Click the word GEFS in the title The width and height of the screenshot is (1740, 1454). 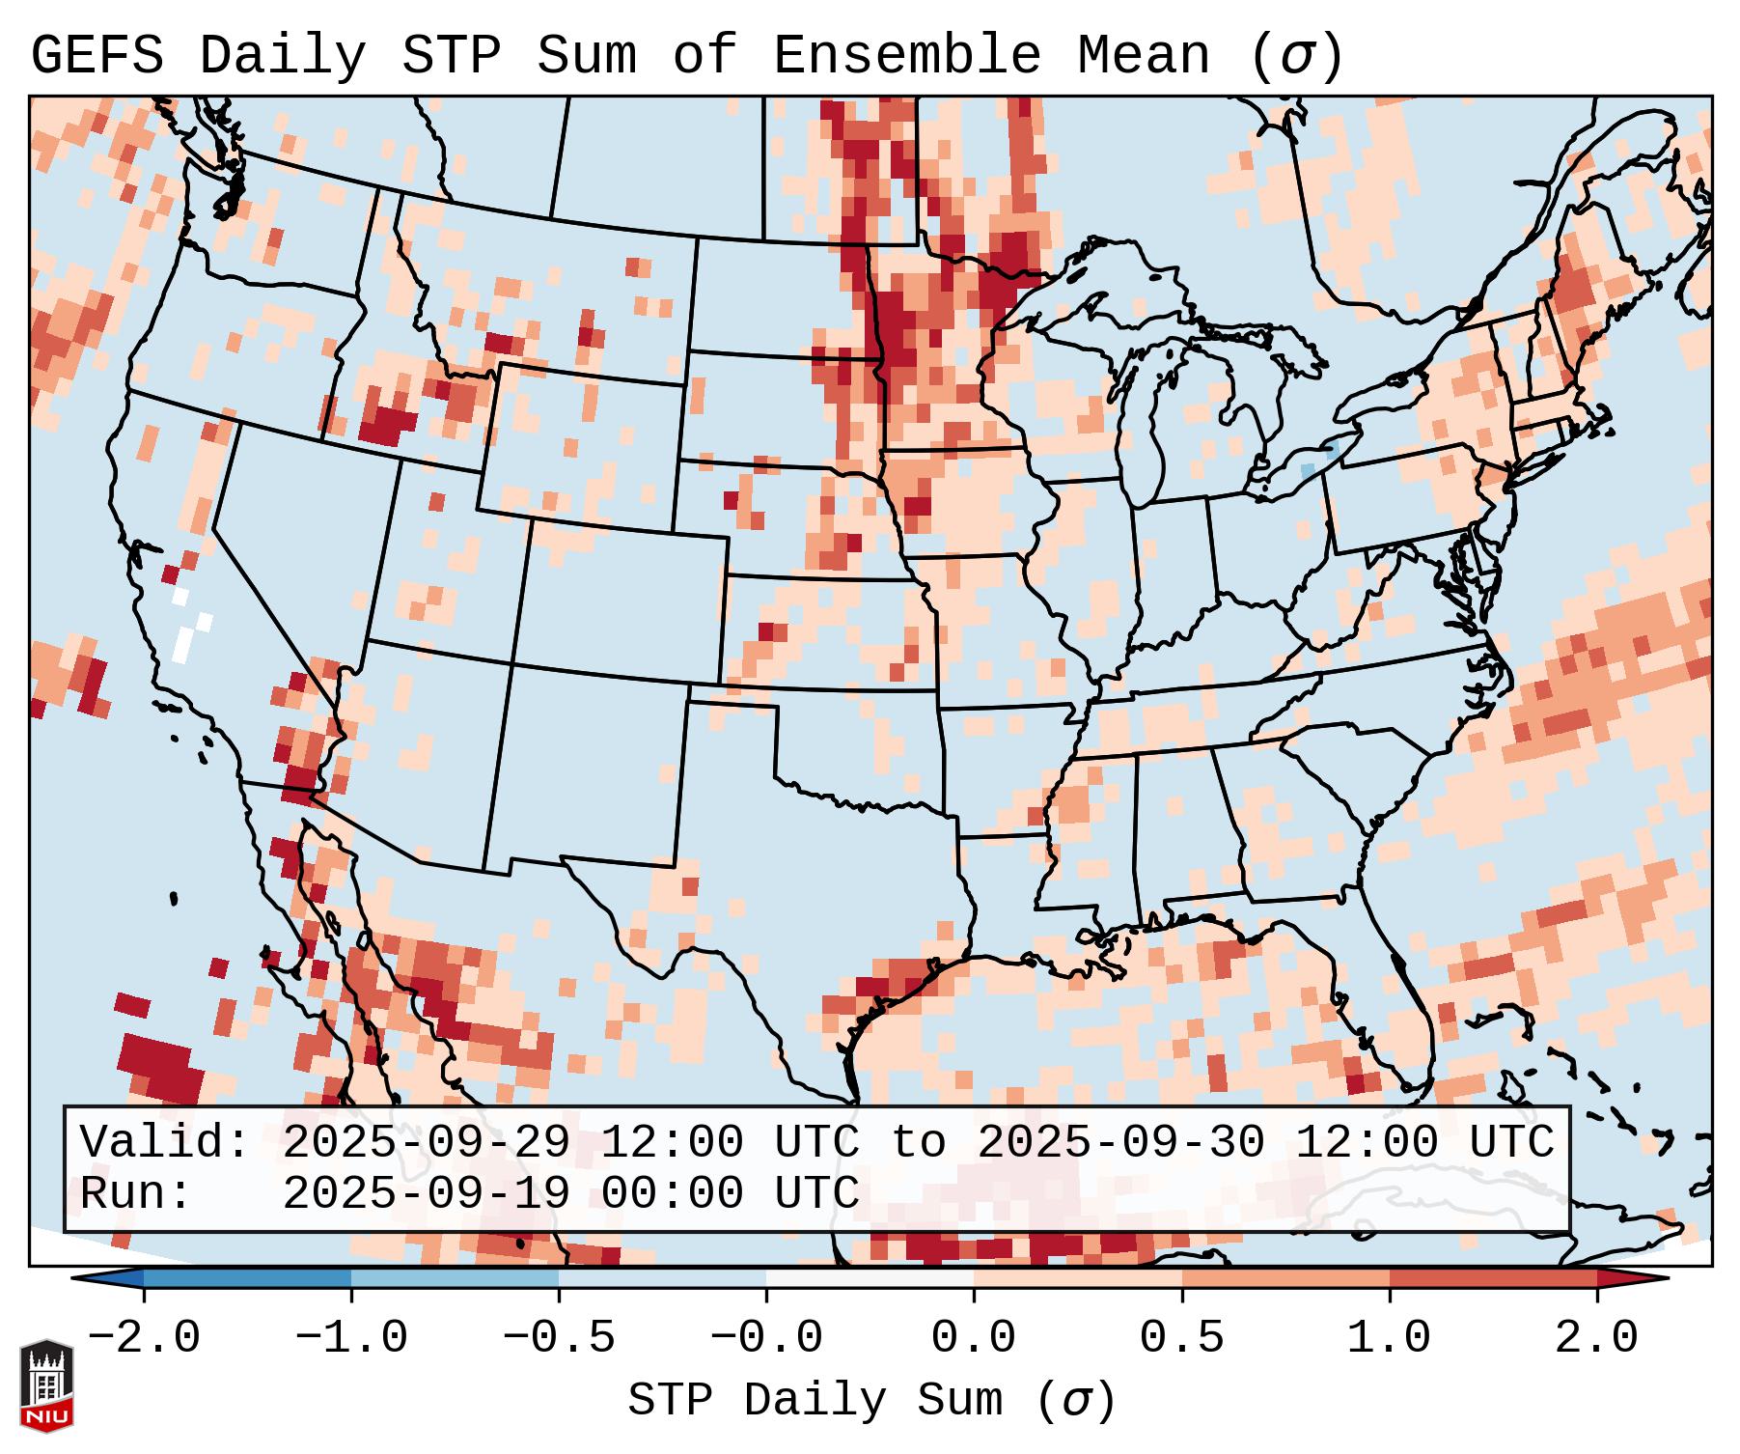[97, 57]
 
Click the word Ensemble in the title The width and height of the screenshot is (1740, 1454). [906, 57]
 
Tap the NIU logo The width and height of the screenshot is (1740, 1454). [46, 1384]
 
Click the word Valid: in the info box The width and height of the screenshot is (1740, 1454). [165, 1143]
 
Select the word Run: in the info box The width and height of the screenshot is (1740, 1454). [136, 1194]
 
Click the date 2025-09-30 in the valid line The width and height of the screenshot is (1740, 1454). [1120, 1143]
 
